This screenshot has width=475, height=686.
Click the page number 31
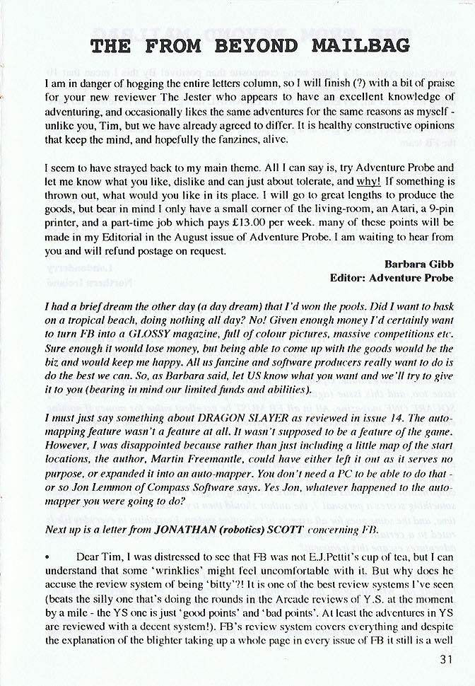coord(445,661)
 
